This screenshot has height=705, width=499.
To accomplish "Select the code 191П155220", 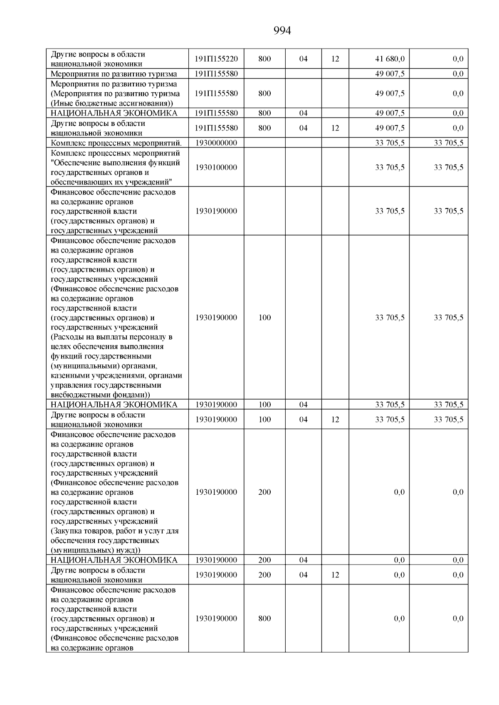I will click(x=216, y=59).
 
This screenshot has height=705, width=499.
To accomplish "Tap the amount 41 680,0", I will click(x=390, y=59).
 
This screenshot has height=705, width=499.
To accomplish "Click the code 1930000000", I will click(x=216, y=143).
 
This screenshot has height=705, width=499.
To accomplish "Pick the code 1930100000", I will click(x=216, y=167).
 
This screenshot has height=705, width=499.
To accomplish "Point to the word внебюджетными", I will click(x=74, y=395).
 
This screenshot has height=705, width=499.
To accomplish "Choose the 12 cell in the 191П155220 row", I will click(x=335, y=59).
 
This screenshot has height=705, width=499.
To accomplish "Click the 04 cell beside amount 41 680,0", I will click(x=304, y=59).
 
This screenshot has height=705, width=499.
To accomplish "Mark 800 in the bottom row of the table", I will click(x=264, y=618).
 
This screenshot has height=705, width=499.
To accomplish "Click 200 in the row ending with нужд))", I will click(x=264, y=492).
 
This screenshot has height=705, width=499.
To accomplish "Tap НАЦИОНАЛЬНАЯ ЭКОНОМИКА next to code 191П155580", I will click(x=114, y=113).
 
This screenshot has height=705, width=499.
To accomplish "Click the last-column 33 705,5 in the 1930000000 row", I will click(x=448, y=143).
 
